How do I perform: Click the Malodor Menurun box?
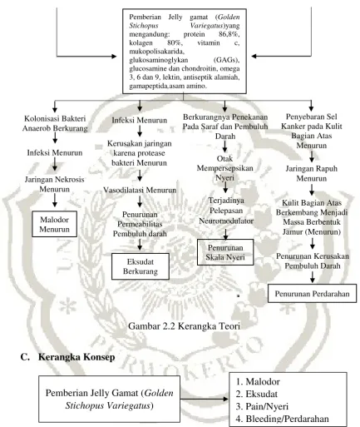pyautogui.click(x=54, y=224)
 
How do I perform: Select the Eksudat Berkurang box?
pyautogui.click(x=141, y=266)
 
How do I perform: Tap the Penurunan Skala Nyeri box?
pyautogui.click(x=225, y=252)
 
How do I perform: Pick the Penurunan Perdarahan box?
pyautogui.click(x=312, y=293)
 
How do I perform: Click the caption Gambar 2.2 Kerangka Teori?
pyautogui.click(x=184, y=325)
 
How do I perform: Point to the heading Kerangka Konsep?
pyautogui.click(x=76, y=356)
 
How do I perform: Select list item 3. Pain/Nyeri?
pyautogui.click(x=262, y=406)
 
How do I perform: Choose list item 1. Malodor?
pyautogui.click(x=258, y=382)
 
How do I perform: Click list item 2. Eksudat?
pyautogui.click(x=257, y=394)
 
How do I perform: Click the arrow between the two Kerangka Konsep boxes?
pyautogui.click(x=205, y=399)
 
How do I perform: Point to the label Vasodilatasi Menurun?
pyautogui.click(x=140, y=190)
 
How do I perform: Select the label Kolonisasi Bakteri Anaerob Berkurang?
pyautogui.click(x=55, y=123)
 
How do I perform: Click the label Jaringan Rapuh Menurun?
pyautogui.click(x=312, y=173)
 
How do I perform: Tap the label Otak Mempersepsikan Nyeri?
pyautogui.click(x=224, y=168)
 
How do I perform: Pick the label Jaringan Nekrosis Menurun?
pyautogui.click(x=54, y=184)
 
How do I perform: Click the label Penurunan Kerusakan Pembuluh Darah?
pyautogui.click(x=313, y=261)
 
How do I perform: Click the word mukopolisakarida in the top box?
pyautogui.click(x=156, y=52)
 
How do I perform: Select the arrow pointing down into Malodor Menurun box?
pyautogui.click(x=55, y=200)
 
